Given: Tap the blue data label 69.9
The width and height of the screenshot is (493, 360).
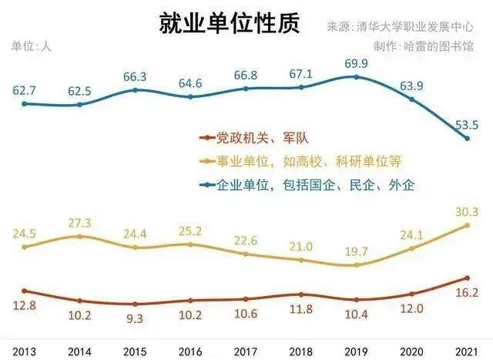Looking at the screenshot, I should (x=356, y=62).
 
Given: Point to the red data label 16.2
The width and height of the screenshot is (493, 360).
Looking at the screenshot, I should (x=467, y=293).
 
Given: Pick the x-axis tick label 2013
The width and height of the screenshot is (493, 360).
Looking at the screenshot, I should (x=25, y=350).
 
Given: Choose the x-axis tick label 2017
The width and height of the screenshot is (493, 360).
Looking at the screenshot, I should (x=246, y=350).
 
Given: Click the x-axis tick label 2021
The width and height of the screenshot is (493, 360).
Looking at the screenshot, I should (x=467, y=350).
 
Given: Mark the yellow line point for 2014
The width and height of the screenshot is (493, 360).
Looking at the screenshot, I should (x=80, y=236).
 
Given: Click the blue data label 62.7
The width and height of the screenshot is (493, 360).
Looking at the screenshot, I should (x=25, y=89).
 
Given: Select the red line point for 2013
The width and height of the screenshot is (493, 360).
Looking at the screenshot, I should (x=25, y=291).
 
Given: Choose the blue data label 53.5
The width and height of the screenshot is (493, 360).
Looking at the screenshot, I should (x=467, y=123).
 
